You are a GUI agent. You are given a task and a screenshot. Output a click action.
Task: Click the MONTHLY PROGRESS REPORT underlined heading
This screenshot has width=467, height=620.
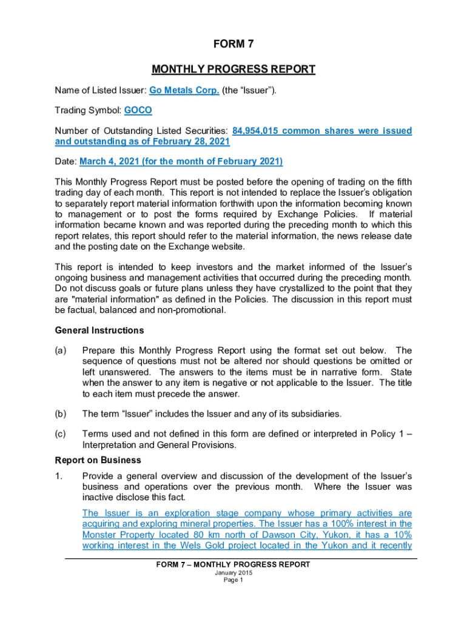click(233, 69)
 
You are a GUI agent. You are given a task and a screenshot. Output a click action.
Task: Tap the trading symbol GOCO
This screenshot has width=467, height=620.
click(138, 111)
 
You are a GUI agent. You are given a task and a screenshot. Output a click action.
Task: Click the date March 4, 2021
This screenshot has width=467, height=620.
click(115, 162)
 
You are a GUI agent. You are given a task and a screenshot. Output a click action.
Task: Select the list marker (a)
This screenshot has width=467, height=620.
click(61, 351)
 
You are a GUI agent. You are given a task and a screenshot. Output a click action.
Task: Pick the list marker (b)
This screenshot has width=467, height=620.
click(61, 414)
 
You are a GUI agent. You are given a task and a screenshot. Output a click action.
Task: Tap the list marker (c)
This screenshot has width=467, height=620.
click(61, 434)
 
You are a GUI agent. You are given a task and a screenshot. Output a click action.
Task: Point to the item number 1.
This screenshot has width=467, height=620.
click(58, 476)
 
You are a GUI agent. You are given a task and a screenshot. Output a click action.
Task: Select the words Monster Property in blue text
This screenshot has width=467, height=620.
click(117, 535)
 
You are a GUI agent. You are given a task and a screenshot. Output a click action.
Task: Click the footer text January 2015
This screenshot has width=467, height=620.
click(233, 573)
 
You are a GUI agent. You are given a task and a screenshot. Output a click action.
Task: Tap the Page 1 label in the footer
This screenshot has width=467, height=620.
click(233, 580)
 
